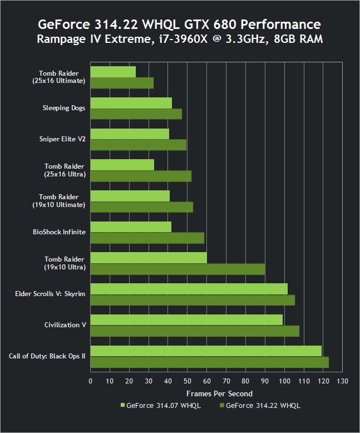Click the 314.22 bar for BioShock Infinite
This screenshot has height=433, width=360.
(x=147, y=238)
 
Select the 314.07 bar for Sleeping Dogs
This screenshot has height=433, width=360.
(x=131, y=103)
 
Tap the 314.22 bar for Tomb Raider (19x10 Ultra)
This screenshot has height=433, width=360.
(x=177, y=269)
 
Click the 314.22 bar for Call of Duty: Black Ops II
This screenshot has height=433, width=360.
(x=209, y=362)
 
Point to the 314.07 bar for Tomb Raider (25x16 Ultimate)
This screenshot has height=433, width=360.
(x=113, y=72)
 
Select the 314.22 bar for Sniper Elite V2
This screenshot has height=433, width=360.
(x=138, y=145)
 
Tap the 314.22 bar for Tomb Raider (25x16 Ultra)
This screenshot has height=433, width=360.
(x=141, y=176)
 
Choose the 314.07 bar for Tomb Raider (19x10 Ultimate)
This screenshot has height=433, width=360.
(x=130, y=196)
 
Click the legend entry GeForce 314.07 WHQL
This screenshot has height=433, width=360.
(x=160, y=406)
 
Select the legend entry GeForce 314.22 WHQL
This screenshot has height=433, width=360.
(x=260, y=406)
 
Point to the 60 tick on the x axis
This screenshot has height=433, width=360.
(x=207, y=381)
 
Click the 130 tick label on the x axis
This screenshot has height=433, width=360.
(x=342, y=381)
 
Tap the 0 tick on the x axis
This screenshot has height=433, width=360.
(x=91, y=381)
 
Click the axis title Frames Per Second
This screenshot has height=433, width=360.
(x=216, y=393)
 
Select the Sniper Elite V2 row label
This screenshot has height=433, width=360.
(x=62, y=139)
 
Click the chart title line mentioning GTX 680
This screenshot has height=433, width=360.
(x=179, y=25)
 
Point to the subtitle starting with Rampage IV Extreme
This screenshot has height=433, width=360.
(x=179, y=40)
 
